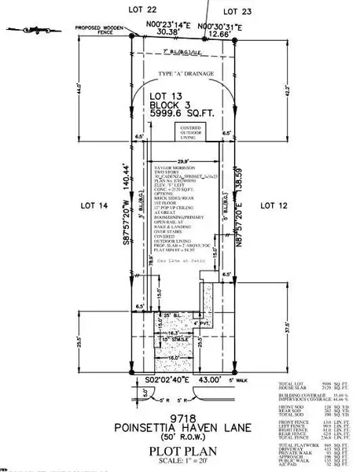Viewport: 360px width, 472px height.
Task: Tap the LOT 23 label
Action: (x=236, y=12)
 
